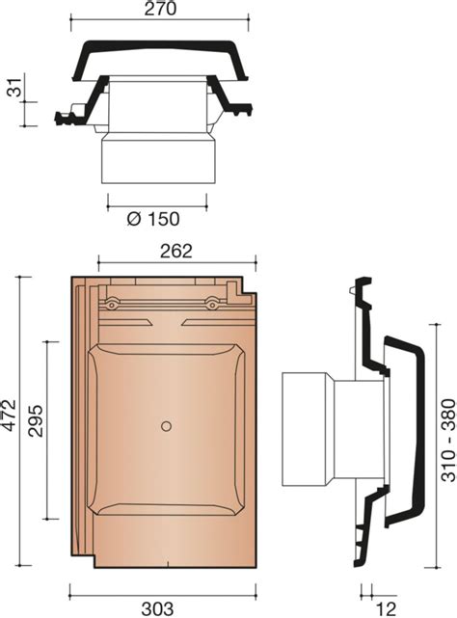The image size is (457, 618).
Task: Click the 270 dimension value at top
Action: click(160, 9)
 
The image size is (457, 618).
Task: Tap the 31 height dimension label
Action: click(16, 87)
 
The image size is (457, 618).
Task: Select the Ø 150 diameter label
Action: click(153, 219)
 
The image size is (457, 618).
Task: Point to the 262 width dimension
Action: click(176, 251)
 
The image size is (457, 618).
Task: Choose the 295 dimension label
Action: click(36, 420)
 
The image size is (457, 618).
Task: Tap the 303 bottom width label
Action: click(157, 609)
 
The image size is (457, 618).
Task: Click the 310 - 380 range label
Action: click(448, 441)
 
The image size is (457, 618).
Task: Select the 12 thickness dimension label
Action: click(386, 609)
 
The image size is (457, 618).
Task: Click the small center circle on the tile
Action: click(166, 426)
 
